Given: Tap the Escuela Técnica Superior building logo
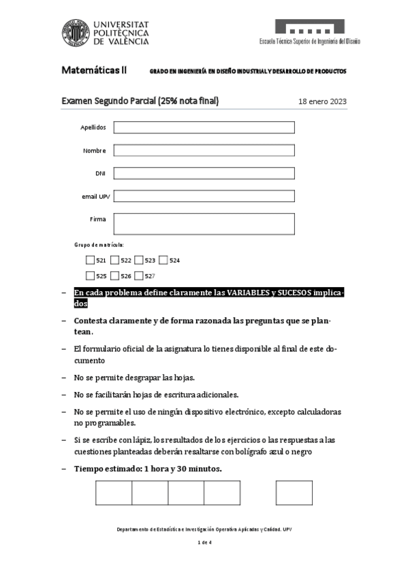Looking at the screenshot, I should click(x=309, y=27).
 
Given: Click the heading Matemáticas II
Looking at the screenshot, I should click(x=94, y=70).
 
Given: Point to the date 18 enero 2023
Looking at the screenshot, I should click(x=322, y=102).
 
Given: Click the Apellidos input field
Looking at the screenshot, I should click(x=204, y=127).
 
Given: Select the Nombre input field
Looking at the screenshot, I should click(x=204, y=150).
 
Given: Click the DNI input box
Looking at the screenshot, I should click(x=204, y=174).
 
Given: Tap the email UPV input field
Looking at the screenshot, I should click(x=204, y=196).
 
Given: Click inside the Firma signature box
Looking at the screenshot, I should click(x=204, y=223).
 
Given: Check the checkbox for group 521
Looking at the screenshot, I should click(x=91, y=260).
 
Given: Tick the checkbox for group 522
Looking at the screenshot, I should click(x=115, y=260).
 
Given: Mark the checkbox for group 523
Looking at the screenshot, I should click(x=139, y=260).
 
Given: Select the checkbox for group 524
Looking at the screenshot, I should click(x=163, y=260).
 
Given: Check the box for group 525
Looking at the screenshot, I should click(x=91, y=276).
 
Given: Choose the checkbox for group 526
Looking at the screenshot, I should click(x=115, y=276).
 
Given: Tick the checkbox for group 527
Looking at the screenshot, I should click(x=139, y=276).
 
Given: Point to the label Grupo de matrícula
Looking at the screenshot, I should click(x=99, y=244).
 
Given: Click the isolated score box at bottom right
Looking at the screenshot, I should click(x=294, y=493).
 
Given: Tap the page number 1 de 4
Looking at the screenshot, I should click(x=204, y=542).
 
